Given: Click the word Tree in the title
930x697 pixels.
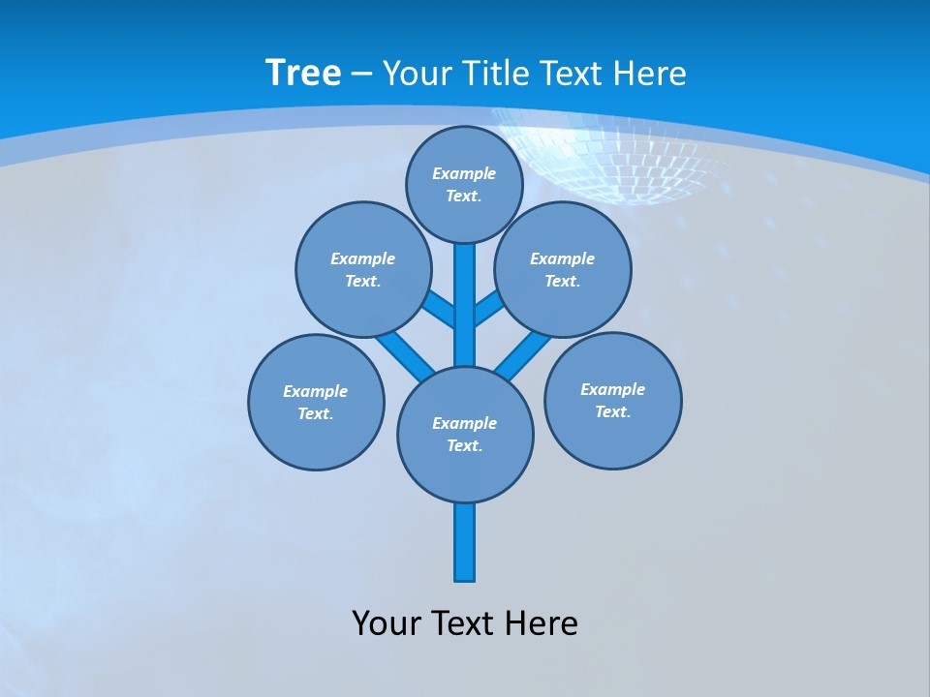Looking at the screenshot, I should [x=303, y=73].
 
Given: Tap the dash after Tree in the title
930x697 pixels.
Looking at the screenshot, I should [x=361, y=74].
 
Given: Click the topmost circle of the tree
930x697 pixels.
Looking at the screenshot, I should [x=464, y=184].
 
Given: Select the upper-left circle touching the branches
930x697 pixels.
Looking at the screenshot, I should [x=362, y=269].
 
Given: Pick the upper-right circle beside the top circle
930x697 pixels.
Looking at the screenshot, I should [x=563, y=269].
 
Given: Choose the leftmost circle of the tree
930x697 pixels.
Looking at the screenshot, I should [x=316, y=402].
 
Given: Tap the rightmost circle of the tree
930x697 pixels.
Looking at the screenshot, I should [x=612, y=400].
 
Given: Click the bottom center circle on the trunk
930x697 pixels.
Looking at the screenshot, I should [x=465, y=434].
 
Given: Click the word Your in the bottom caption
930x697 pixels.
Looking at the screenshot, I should [x=386, y=622].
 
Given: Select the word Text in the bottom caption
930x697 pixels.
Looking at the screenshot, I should [x=465, y=622].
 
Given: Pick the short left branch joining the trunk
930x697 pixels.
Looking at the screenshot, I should [x=442, y=311].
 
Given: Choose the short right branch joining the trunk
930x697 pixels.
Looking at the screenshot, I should [x=488, y=311].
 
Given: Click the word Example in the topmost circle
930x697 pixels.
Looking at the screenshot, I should [x=464, y=173].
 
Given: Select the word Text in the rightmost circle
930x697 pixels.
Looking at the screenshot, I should [x=611, y=411].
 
